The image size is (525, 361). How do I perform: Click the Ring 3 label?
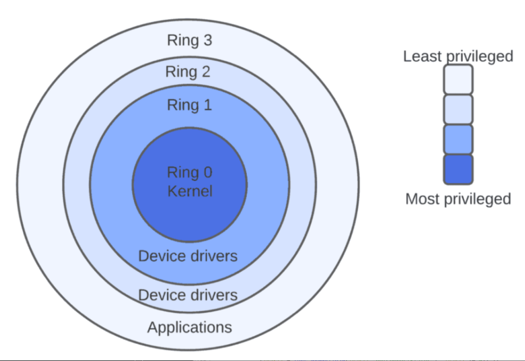(x=189, y=41)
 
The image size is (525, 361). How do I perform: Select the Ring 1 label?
(x=189, y=104)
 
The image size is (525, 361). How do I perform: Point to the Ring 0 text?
(x=189, y=173)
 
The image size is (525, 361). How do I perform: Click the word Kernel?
(x=189, y=191)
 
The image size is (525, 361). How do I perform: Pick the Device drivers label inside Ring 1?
(x=188, y=255)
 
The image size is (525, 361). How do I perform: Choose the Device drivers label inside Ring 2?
(x=188, y=295)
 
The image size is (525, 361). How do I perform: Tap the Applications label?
(x=189, y=327)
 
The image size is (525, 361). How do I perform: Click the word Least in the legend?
(x=422, y=56)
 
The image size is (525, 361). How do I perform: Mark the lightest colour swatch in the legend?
(x=458, y=79)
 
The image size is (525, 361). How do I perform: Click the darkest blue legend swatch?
(x=458, y=169)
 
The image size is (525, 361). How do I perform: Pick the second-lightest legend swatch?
(x=458, y=109)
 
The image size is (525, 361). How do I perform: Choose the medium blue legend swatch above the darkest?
(x=458, y=139)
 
